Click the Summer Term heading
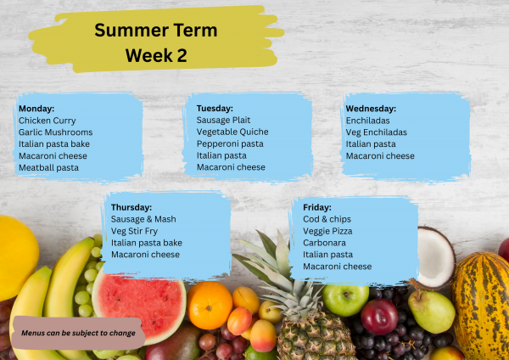click(155, 31)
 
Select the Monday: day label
click(36, 109)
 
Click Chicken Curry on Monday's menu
click(47, 121)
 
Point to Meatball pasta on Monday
click(48, 167)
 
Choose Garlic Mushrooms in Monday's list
click(55, 132)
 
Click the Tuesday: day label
click(215, 109)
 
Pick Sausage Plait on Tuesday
click(224, 121)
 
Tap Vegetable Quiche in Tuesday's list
click(232, 132)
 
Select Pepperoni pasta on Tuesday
click(230, 144)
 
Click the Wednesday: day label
click(371, 109)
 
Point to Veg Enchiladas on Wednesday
click(376, 132)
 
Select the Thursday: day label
click(131, 207)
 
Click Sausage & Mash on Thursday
click(143, 219)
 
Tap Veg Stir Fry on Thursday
click(134, 231)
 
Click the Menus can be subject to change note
click(79, 333)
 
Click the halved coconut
click(435, 256)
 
